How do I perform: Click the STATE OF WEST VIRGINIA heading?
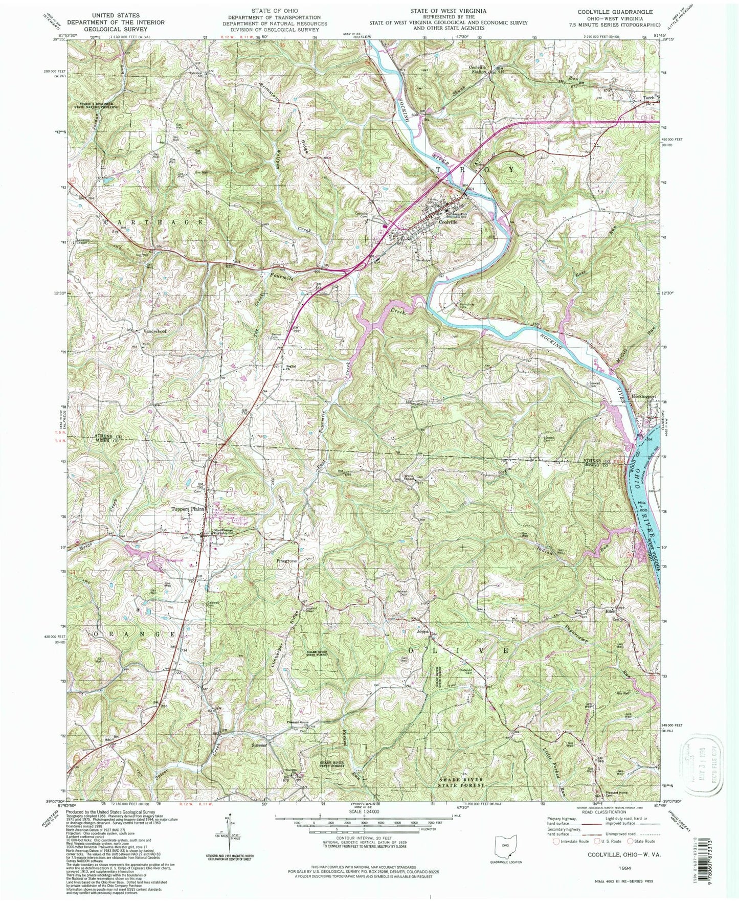449,10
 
